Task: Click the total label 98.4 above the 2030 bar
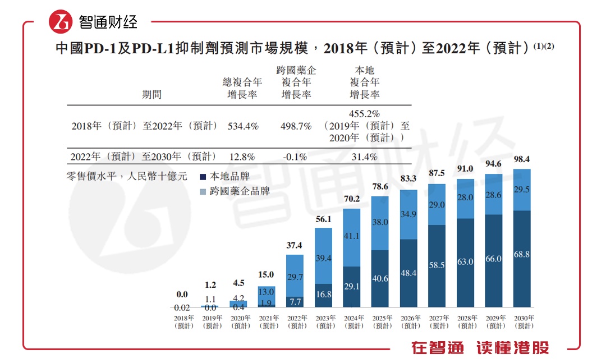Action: point(522,160)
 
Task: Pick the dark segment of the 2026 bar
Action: point(408,273)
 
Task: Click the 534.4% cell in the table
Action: point(243,127)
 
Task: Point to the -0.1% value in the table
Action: point(296,157)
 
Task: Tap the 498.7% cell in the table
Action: point(296,127)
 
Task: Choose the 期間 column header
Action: point(151,95)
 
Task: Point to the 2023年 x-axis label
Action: point(324,321)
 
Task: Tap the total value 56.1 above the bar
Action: point(323,219)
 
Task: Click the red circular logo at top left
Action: point(61,22)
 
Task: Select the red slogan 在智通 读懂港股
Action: point(479,348)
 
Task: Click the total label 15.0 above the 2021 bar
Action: point(267,274)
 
